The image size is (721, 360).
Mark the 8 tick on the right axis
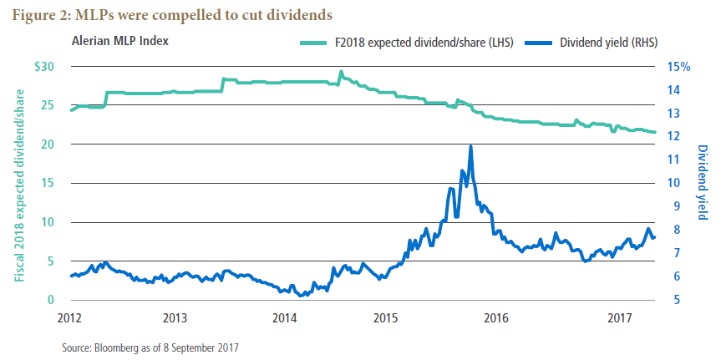[x=673, y=230]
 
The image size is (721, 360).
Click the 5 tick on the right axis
[x=673, y=300]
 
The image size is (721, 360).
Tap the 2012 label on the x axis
[x=70, y=317]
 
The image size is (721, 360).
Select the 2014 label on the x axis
[x=285, y=317]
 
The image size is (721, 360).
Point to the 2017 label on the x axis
[x=618, y=317]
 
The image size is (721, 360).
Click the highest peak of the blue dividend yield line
[x=471, y=146]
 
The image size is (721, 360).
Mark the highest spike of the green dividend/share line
[x=340, y=73]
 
